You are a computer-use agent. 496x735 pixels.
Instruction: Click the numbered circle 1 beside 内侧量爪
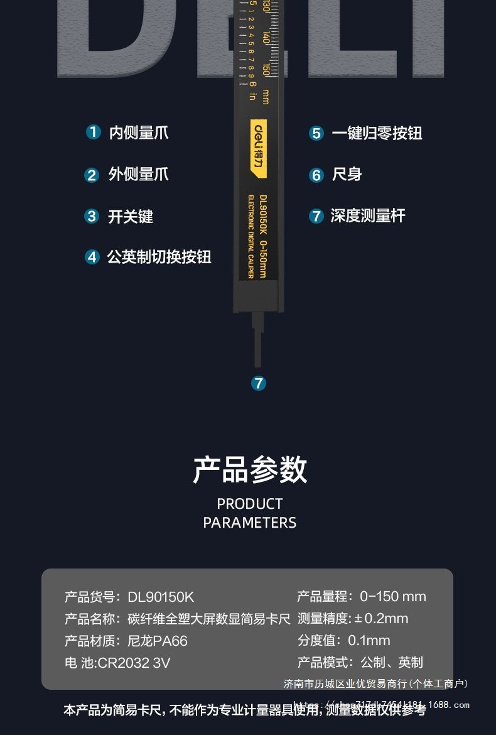pos(93,132)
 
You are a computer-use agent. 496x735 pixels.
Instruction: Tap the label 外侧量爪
pos(138,174)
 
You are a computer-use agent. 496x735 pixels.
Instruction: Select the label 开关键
pos(131,217)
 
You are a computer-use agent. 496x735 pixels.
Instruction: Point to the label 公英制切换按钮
pos(159,257)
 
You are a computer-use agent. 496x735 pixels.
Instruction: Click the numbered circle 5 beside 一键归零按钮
pos(316,133)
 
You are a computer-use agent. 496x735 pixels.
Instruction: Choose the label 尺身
pos(347,175)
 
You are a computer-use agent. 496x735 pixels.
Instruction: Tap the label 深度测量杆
pos(368,216)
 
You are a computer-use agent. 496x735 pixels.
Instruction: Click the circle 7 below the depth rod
pos(259,383)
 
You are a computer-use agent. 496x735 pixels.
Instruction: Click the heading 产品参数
pos(250,470)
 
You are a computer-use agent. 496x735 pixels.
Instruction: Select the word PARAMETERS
pos(250,523)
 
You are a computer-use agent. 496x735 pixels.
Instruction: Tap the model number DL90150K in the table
pos(161,597)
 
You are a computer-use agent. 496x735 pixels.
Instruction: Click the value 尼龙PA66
pos(158,641)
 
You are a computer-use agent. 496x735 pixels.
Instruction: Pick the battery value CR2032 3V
pos(134,663)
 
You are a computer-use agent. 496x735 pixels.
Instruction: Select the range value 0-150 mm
pos(393,597)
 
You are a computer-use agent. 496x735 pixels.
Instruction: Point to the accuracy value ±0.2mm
pos(381,619)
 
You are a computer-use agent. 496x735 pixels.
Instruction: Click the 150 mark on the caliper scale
pos(267,70)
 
